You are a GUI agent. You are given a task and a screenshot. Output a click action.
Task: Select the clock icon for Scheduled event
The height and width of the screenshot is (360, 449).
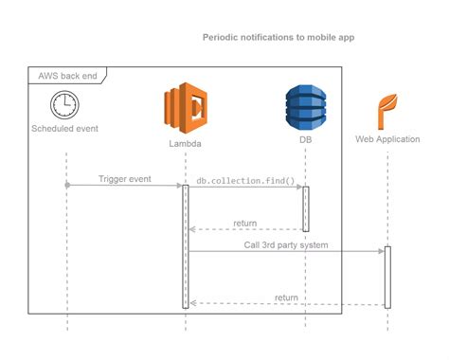65,104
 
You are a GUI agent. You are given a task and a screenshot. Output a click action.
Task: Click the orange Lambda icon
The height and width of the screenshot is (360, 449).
185,107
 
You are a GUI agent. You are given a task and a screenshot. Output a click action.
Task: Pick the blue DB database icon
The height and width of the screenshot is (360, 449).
305,107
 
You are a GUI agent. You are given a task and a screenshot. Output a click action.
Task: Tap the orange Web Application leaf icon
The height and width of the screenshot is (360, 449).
386,110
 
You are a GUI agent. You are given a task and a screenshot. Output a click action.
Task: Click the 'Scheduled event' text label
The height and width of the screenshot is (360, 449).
65,128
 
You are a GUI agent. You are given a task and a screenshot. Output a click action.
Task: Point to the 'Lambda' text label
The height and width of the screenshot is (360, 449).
185,143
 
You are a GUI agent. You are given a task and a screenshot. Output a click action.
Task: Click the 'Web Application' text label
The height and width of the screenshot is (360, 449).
386,139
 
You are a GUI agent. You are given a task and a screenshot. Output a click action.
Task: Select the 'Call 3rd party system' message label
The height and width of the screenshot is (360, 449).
287,244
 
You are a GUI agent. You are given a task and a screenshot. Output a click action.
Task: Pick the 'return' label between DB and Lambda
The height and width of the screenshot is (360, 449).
244,224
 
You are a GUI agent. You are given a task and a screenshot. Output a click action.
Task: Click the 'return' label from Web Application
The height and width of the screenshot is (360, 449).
286,297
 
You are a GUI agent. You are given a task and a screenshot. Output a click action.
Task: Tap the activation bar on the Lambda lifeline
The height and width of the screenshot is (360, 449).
186,246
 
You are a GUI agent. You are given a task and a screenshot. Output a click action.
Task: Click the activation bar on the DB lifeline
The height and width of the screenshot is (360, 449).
305,208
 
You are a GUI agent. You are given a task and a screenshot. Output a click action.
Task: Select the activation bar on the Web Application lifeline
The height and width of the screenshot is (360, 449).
386,277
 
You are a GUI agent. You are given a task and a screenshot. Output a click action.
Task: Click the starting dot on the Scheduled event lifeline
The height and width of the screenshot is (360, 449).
66,186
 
